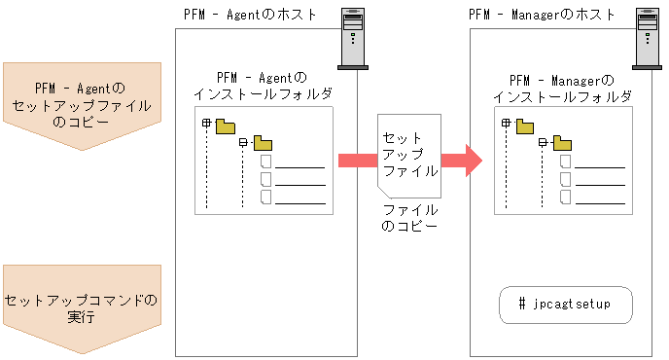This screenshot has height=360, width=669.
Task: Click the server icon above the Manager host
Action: click(644, 38)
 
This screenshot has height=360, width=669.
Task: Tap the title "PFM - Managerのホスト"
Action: click(542, 14)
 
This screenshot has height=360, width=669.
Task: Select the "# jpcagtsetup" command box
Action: click(568, 306)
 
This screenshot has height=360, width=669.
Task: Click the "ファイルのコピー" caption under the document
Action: click(409, 217)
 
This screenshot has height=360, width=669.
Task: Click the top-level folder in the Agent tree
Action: click(227, 125)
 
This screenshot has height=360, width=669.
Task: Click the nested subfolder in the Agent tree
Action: click(262, 144)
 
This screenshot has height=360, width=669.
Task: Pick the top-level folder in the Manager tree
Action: click(526, 125)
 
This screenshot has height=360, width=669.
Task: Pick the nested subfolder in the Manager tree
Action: click(561, 144)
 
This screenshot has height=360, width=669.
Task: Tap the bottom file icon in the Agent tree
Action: click(265, 198)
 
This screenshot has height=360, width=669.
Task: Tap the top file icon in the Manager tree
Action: click(565, 162)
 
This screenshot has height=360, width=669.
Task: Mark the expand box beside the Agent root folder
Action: click(206, 124)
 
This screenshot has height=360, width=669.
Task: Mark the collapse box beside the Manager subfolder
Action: click(543, 143)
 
